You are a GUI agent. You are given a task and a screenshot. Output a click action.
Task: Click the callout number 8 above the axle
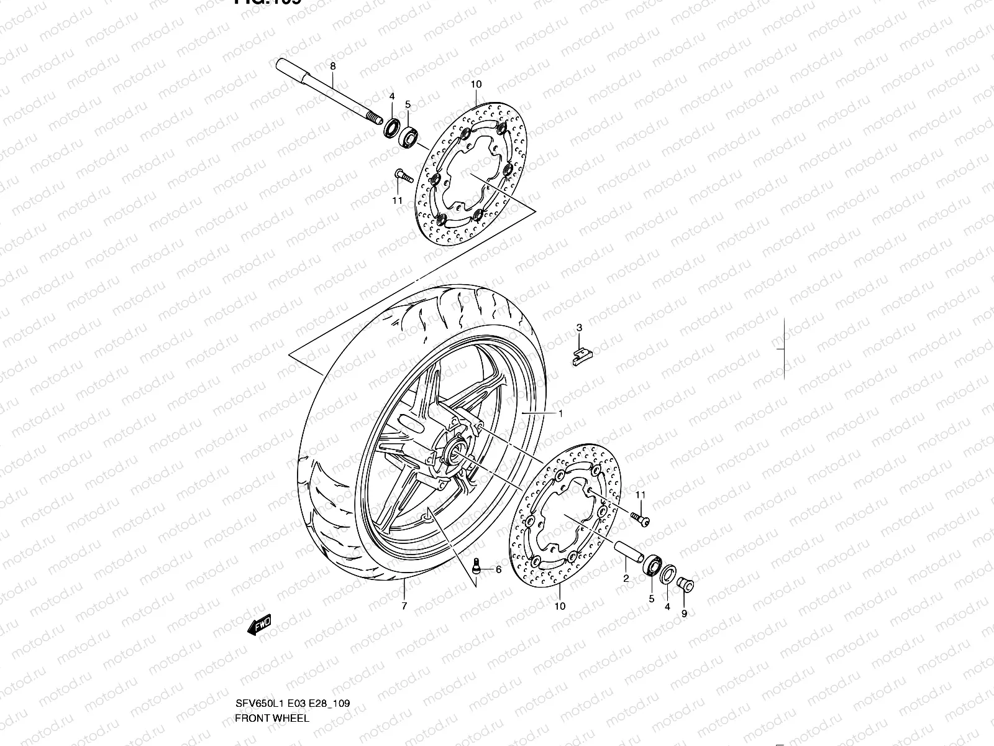point(332,66)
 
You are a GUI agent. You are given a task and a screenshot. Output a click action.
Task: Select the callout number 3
point(579,328)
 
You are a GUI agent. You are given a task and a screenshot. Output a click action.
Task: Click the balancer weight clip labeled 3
point(582,356)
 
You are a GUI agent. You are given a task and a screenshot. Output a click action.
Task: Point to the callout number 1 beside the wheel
point(560,413)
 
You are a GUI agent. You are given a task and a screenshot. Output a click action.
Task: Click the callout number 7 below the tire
point(404,606)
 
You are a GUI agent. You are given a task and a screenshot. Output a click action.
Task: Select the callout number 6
point(498,569)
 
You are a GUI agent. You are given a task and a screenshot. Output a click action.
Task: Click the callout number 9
point(684,614)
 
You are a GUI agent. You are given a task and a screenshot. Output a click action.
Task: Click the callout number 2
point(626,578)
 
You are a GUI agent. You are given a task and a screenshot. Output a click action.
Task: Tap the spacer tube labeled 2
point(629,552)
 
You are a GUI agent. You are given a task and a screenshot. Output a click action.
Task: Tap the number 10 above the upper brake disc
point(476,84)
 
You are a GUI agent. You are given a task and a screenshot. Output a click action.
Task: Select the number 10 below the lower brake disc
point(560,606)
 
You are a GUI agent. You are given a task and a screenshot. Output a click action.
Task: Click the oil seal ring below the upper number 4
point(392,128)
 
